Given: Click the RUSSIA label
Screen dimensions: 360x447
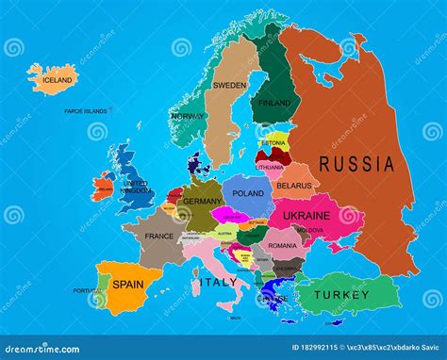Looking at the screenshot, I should pyautogui.click(x=356, y=163).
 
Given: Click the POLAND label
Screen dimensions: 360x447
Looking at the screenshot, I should pyautogui.click(x=249, y=192).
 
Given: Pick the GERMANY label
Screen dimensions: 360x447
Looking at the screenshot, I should pyautogui.click(x=202, y=201).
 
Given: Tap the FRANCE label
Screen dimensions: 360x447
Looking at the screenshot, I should pyautogui.click(x=159, y=236).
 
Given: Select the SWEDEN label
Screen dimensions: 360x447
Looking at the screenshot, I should pyautogui.click(x=228, y=85).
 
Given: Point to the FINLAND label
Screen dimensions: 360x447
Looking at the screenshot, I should pyautogui.click(x=274, y=103).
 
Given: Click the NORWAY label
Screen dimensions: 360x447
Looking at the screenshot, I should pyautogui.click(x=188, y=116).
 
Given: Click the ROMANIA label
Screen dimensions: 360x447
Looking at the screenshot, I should pyautogui.click(x=281, y=245).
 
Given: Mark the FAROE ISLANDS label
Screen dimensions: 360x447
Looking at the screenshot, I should pyautogui.click(x=85, y=111).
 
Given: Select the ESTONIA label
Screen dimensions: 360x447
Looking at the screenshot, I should pyautogui.click(x=273, y=142).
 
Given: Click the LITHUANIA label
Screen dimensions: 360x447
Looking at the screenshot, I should pyautogui.click(x=270, y=167).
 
